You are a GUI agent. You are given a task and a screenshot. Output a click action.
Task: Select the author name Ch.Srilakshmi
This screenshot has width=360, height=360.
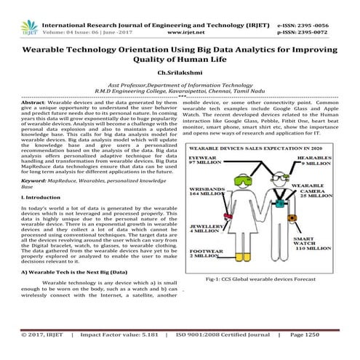coord(179,72)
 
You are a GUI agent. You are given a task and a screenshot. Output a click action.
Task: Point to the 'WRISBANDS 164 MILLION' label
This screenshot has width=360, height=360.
coord(204,193)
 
